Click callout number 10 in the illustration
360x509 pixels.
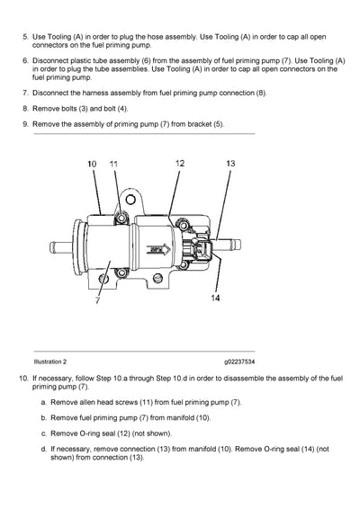(92, 165)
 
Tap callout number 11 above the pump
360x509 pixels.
(113, 165)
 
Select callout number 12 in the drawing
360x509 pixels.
(180, 163)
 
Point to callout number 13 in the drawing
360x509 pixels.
(230, 164)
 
